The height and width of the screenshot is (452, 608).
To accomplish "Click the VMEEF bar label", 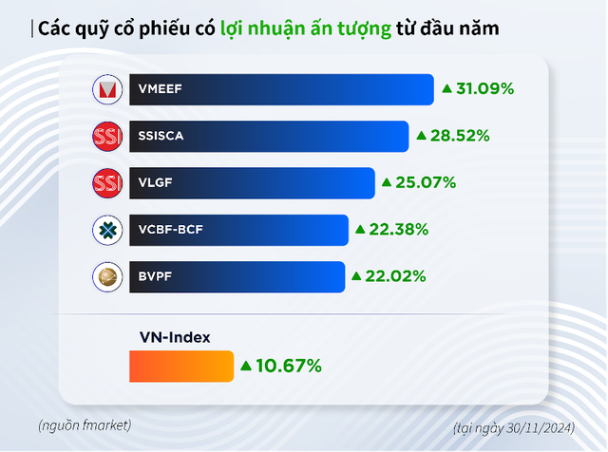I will coord(159,90).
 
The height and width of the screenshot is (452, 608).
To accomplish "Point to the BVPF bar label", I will coord(155,276).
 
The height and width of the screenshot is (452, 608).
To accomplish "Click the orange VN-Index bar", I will coord(180,366).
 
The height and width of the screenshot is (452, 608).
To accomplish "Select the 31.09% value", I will coord(485,89).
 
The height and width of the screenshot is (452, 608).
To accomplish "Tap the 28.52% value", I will coord(461,136).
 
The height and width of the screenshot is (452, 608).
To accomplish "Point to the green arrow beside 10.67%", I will coord(245,365).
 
